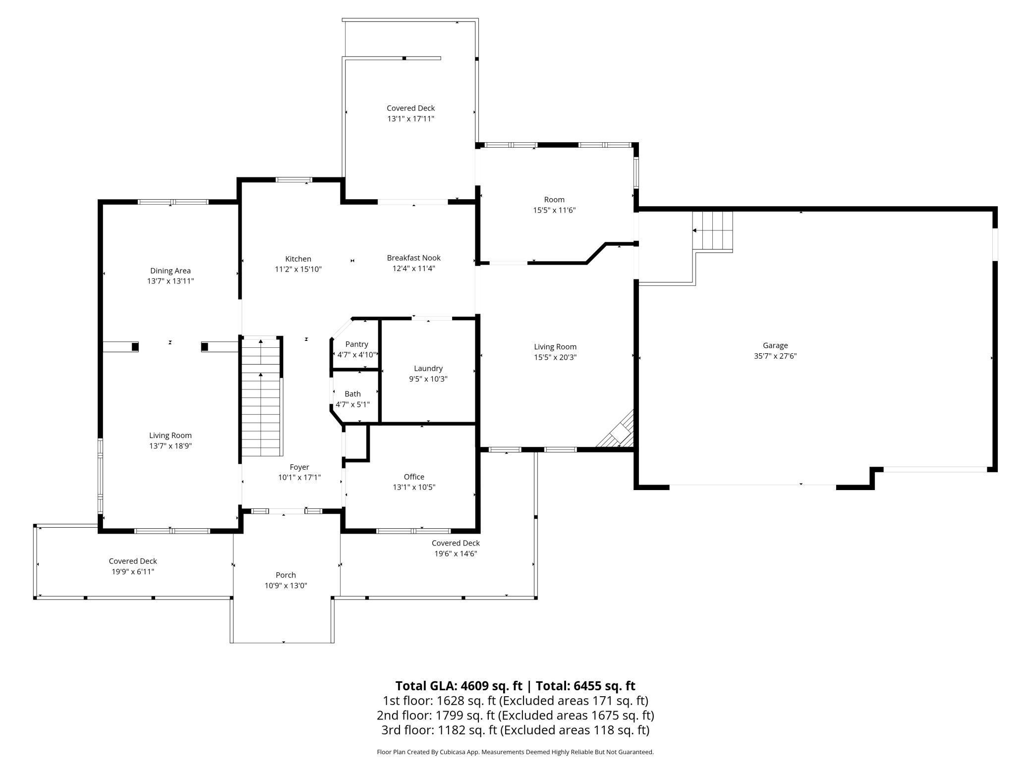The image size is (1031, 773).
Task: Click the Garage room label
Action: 775,345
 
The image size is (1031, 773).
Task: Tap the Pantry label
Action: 357,344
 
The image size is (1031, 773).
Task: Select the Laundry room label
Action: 428,369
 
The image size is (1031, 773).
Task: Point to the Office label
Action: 414,477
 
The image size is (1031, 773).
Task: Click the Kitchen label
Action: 298,259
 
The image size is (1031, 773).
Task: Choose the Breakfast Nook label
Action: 414,258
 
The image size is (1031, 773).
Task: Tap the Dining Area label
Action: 171,271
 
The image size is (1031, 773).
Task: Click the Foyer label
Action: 299,467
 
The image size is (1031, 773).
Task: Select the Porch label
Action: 286,575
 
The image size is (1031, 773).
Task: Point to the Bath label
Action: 353,394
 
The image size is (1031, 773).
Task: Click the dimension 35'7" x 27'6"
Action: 775,356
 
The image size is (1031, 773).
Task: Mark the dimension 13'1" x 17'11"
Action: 411,118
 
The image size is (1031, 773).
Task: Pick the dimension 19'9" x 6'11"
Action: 133,571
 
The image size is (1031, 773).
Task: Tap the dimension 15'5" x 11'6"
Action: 554,210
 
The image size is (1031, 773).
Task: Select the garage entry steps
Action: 713,231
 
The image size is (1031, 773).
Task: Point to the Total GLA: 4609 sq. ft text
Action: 459,686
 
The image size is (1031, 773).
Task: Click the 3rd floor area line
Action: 515,730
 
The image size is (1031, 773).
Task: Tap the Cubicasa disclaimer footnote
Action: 515,752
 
